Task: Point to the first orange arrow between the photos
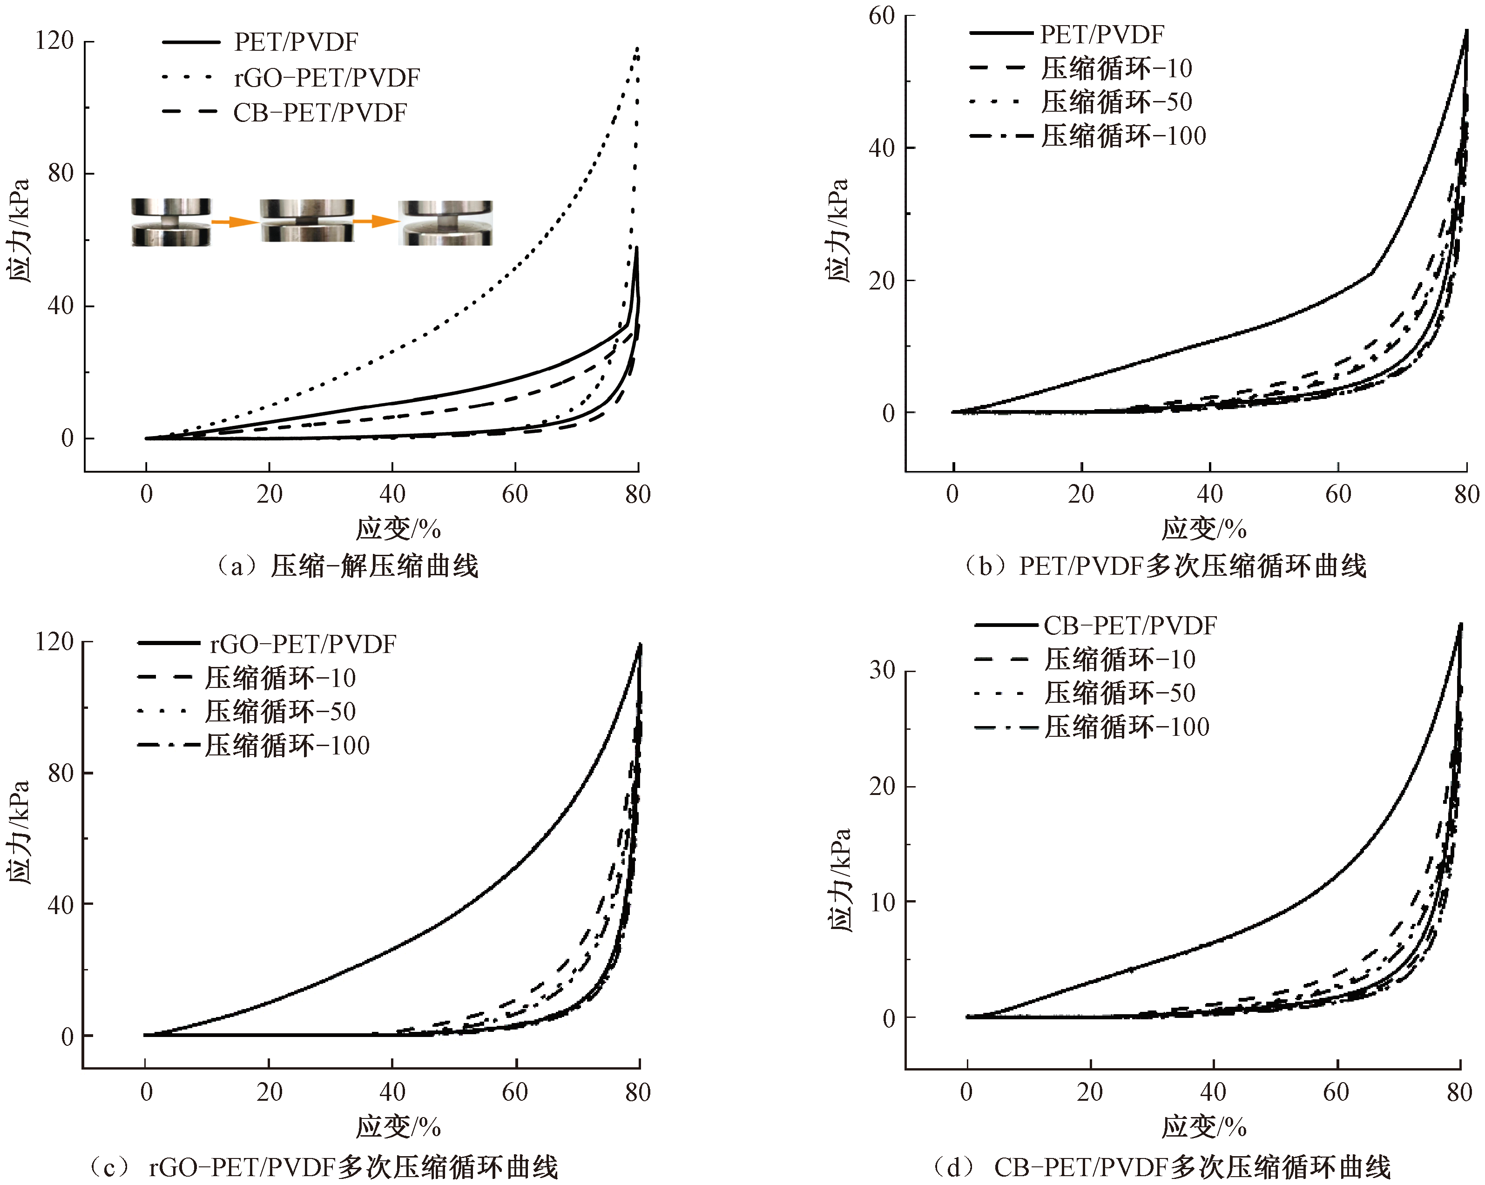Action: click(x=234, y=222)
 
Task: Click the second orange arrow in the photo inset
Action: click(x=375, y=222)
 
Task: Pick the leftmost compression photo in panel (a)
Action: click(x=171, y=222)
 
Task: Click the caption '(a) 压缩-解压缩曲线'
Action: click(x=348, y=566)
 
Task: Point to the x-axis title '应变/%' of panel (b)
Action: click(x=1203, y=529)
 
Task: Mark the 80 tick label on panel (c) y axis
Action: click(x=61, y=773)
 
